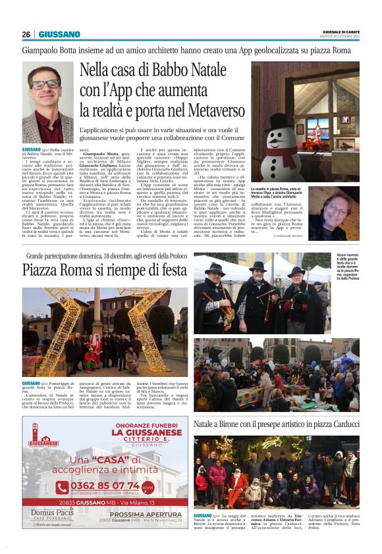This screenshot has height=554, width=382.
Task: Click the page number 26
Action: pyautogui.click(x=26, y=34)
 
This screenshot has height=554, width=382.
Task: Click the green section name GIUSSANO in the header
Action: pyautogui.click(x=59, y=34)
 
